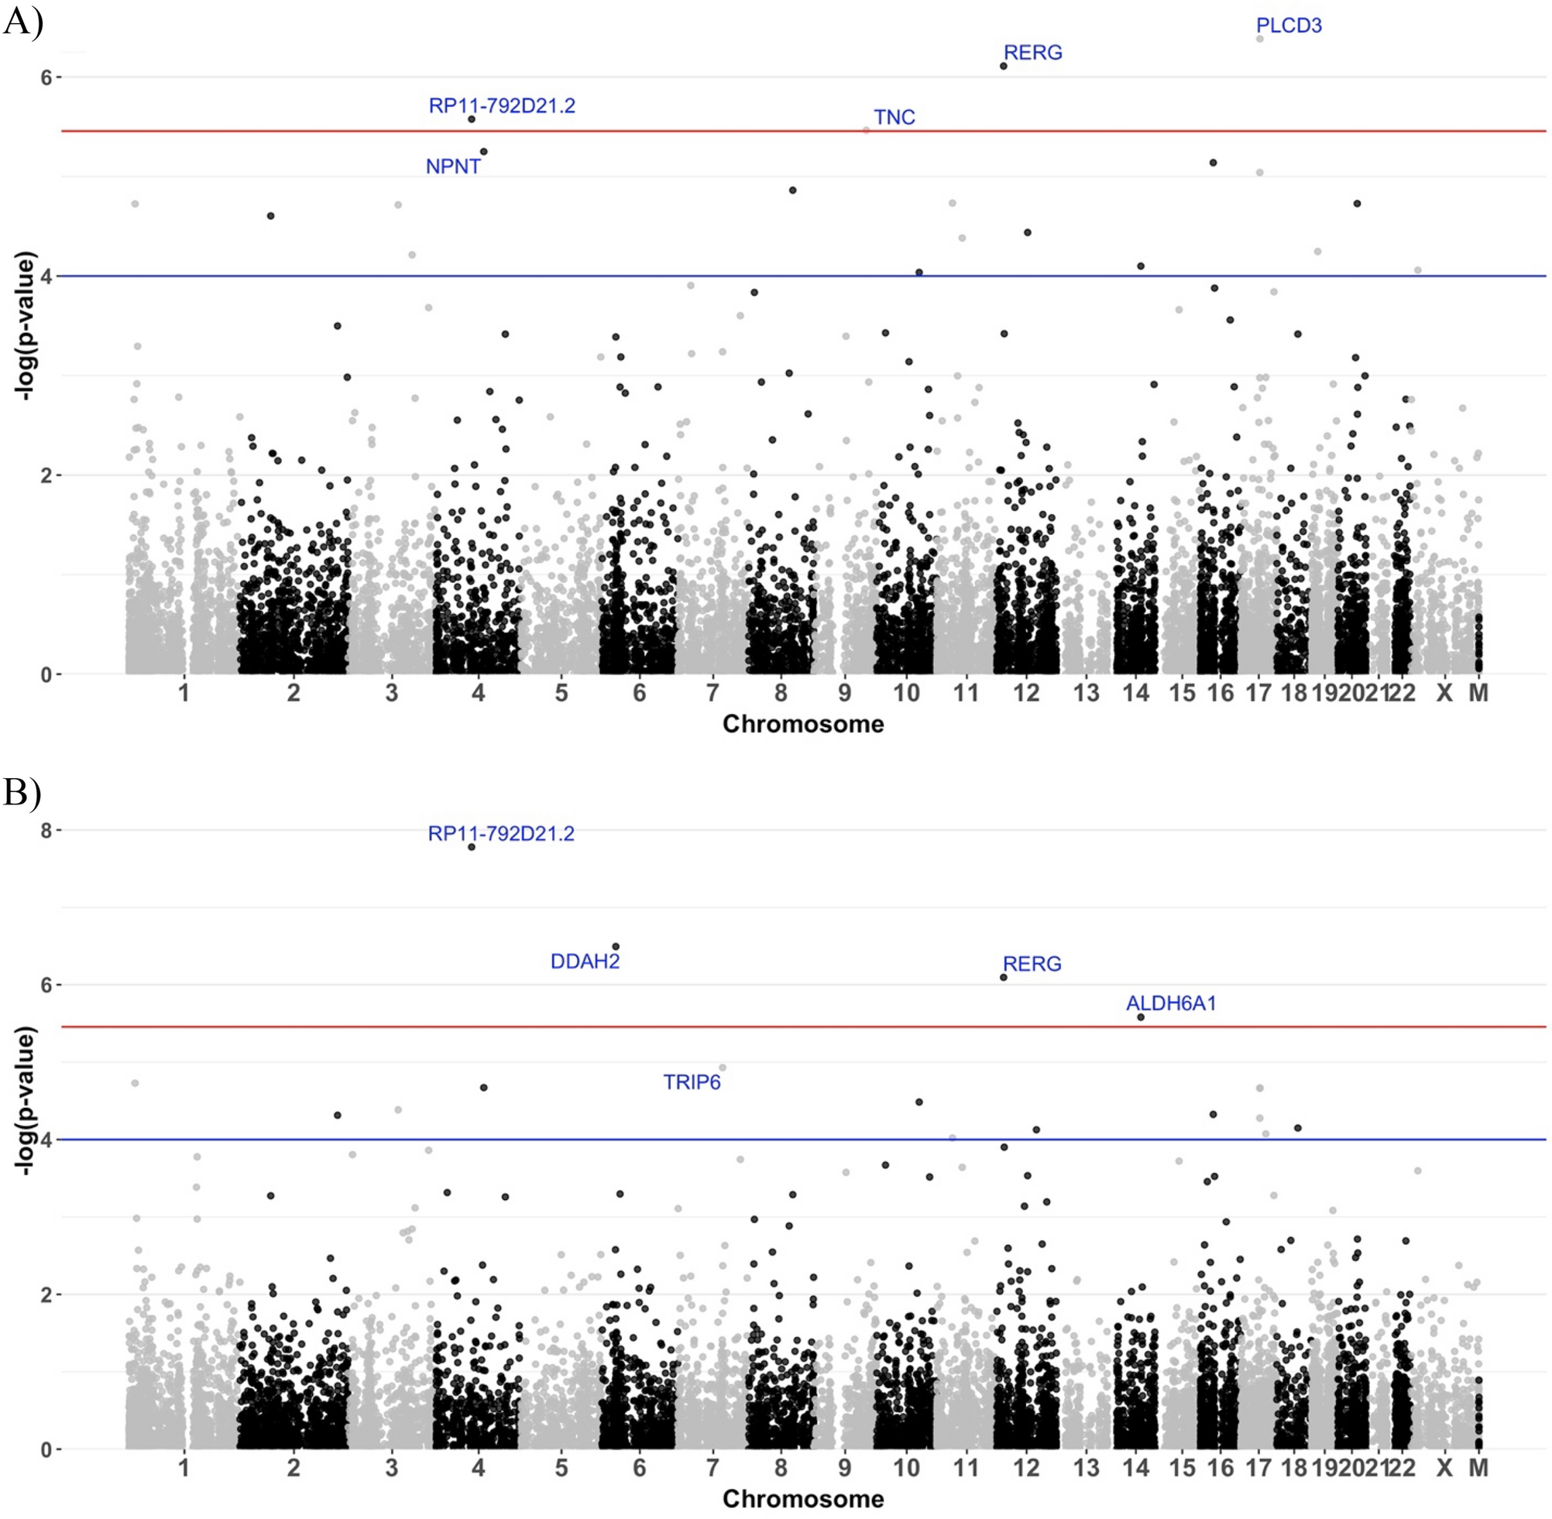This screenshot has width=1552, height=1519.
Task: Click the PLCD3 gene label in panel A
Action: coord(1289,26)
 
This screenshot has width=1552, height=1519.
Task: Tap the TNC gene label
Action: coord(894,117)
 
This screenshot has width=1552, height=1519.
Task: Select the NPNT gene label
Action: coord(453,166)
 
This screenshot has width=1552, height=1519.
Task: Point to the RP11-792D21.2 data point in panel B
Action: coord(472,847)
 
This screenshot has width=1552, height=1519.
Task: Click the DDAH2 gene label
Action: coord(585,962)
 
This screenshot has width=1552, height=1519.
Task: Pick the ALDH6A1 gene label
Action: coord(1171,1003)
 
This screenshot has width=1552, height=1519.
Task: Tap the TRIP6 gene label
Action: coord(692,1082)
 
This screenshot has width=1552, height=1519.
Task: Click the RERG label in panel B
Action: coord(1032,965)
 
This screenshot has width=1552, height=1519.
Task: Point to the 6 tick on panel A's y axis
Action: coord(46,77)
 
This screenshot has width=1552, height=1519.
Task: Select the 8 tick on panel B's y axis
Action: coord(46,831)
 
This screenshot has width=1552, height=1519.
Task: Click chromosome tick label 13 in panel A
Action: coord(1086,692)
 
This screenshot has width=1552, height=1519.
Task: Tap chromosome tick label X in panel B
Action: coord(1444,1468)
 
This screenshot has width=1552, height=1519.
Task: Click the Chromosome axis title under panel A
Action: coord(803,725)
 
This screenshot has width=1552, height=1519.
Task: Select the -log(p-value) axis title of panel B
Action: coord(26,1101)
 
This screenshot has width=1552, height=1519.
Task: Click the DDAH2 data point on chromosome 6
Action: coord(615,947)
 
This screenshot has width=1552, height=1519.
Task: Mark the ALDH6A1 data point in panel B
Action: coord(1140,1017)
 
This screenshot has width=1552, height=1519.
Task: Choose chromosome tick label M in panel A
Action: coord(1478,692)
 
